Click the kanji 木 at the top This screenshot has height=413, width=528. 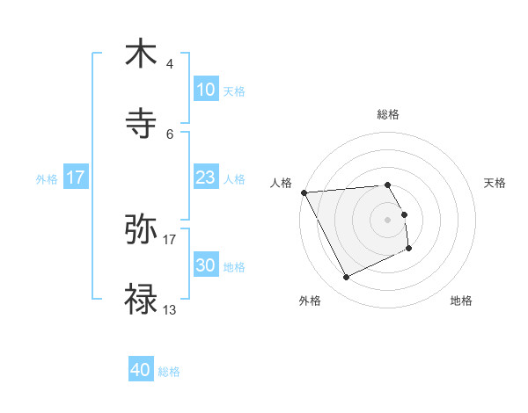coord(141,54)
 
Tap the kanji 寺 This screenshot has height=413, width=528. coord(141,125)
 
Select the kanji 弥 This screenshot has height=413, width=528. coord(141,229)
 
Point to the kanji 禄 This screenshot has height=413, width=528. coord(141,301)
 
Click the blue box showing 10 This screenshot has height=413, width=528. coord(205,90)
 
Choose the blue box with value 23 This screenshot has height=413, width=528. coord(205,178)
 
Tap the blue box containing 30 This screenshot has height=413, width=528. coord(205,265)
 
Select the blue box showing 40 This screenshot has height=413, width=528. coord(141,371)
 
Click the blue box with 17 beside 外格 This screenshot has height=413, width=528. coord(76,178)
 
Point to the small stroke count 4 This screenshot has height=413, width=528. coord(170,64)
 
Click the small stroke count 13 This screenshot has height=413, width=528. coord(170,310)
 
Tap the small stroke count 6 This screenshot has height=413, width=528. coord(170,134)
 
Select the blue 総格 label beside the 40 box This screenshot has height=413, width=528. coord(170,372)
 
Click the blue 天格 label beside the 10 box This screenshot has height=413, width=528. coord(234,91)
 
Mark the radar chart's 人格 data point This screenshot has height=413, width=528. coord(304,192)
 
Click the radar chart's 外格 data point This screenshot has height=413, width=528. coord(346,278)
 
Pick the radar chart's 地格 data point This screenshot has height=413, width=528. coord(409,250)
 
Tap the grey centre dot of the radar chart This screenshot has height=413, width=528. coord(388,219)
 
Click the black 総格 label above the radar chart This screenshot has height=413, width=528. coord(388,114)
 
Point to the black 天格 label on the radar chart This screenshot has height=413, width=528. coord(495,183)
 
